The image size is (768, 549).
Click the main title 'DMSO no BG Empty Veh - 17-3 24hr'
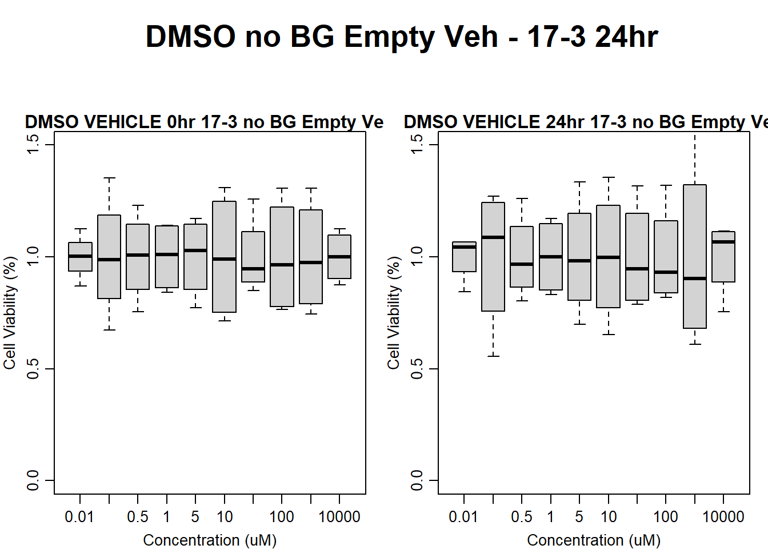tap(401, 37)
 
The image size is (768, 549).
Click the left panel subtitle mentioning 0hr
tap(204, 122)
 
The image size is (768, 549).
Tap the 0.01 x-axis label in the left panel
tap(79, 517)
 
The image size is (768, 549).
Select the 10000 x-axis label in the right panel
tap(723, 517)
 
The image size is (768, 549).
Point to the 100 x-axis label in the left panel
tap(282, 517)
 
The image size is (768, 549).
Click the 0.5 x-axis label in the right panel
tap(522, 517)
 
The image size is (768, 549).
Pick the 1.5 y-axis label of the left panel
tap(33, 144)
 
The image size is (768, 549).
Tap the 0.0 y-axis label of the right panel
tap(417, 480)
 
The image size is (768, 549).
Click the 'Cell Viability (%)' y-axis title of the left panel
tap(10, 312)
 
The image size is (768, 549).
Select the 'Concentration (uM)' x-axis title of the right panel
tap(594, 540)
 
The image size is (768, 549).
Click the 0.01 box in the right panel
tap(464, 257)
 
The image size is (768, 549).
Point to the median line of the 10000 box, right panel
tap(723, 242)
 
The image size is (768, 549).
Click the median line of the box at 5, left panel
tap(195, 250)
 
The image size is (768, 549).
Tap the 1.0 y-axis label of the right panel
tap(417, 256)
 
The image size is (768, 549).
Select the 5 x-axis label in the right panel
tap(579, 517)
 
